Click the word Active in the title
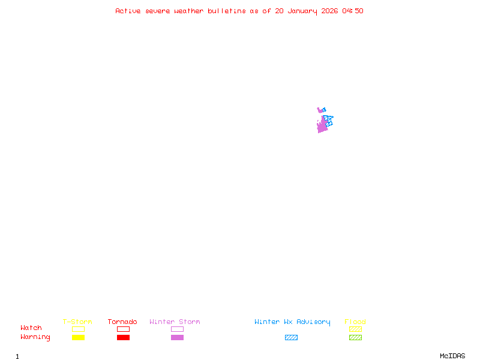(127, 11)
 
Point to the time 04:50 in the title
(353, 11)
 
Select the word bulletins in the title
(227, 11)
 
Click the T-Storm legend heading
(77, 322)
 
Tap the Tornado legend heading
(122, 322)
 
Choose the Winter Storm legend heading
(175, 322)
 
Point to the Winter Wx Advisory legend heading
(292, 322)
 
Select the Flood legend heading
(355, 322)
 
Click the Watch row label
(31, 328)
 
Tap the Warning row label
(35, 337)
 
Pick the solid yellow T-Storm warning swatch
(78, 338)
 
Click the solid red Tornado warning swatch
(123, 338)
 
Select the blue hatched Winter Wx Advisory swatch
(291, 338)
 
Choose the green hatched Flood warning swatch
(355, 338)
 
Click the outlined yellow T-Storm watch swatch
(78, 329)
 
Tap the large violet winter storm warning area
(322, 127)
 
